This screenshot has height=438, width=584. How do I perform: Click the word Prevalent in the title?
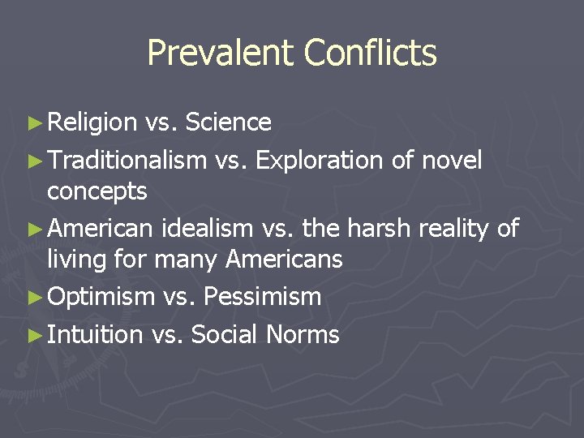click(x=221, y=54)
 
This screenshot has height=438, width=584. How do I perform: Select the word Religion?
click(x=92, y=123)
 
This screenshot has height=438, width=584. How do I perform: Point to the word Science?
click(x=228, y=122)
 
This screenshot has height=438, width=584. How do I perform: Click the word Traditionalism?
click(x=127, y=161)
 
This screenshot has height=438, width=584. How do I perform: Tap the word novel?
click(x=452, y=161)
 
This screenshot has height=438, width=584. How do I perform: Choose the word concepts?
click(x=97, y=193)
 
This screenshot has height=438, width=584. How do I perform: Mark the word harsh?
click(x=382, y=229)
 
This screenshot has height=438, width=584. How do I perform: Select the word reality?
click(x=453, y=230)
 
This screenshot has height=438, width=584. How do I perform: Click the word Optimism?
click(x=101, y=298)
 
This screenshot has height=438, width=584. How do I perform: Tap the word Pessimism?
click(x=262, y=297)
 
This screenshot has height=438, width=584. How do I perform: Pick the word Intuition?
click(x=95, y=334)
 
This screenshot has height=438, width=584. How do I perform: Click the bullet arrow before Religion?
click(x=33, y=123)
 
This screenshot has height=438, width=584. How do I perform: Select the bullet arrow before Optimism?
click(x=33, y=298)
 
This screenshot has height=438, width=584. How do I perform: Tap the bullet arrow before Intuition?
click(x=33, y=334)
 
